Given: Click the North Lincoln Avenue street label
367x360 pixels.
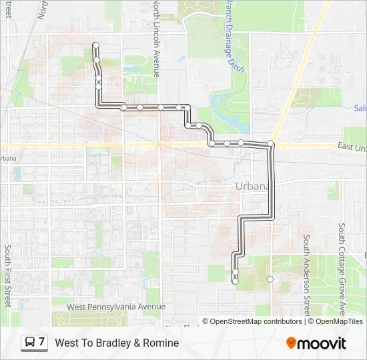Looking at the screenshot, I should (x=155, y=39).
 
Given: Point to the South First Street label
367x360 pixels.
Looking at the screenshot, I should (x=7, y=275).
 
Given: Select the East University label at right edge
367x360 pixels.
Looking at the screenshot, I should (x=352, y=146).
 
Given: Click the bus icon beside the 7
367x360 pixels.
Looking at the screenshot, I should (x=30, y=342).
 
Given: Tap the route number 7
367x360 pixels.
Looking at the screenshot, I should (x=42, y=342).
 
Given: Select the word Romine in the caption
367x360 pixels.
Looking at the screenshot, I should (x=161, y=343).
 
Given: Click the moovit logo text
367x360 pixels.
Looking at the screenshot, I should (x=322, y=343).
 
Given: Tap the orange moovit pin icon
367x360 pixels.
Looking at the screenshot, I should (x=291, y=343).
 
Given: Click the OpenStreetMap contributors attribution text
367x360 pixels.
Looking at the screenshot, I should (x=256, y=321).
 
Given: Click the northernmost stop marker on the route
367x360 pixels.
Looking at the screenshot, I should (x=95, y=45).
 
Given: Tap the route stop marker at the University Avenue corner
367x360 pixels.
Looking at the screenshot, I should (x=271, y=144).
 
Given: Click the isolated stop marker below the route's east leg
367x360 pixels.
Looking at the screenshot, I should (x=270, y=279).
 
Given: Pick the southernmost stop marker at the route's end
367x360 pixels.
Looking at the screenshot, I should (x=235, y=281).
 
